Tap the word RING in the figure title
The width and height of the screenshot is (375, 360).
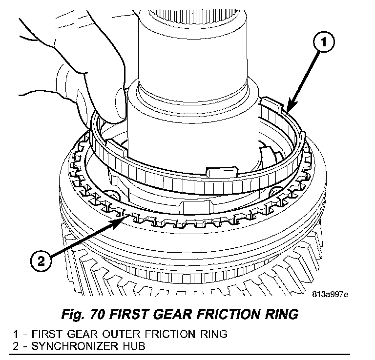click(x=280, y=314)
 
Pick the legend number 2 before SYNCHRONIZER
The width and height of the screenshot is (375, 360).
click(x=16, y=346)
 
